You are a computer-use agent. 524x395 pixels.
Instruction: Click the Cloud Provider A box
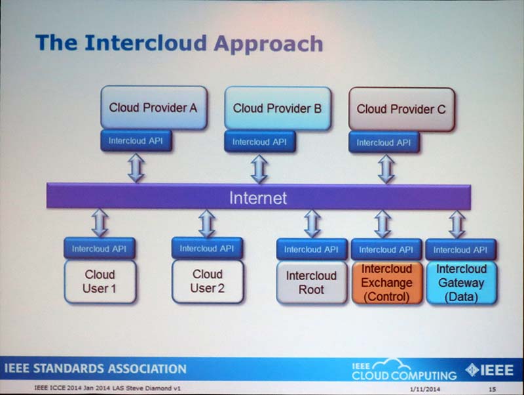tap(153, 107)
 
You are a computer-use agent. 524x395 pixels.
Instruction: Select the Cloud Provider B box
tap(277, 107)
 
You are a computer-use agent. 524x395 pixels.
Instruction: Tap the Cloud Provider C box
tap(401, 108)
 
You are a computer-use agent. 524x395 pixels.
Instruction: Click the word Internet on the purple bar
tap(258, 197)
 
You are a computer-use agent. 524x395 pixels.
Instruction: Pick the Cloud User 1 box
tap(100, 281)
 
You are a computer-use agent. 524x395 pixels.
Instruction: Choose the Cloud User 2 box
tap(207, 281)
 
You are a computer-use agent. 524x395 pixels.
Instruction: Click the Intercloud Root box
tap(311, 282)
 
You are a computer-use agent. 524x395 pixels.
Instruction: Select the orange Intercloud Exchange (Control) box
tap(386, 283)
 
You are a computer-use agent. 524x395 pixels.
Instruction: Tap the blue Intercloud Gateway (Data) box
tap(460, 283)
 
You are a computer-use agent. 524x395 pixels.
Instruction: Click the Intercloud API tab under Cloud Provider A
tap(136, 141)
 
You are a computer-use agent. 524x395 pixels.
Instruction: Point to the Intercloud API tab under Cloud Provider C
tap(384, 142)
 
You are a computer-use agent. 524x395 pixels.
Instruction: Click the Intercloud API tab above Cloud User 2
tap(207, 249)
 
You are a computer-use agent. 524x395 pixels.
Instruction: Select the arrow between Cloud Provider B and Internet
tap(259, 169)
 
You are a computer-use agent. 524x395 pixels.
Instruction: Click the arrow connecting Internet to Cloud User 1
tap(100, 223)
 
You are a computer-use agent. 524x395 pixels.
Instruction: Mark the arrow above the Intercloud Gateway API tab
tap(457, 224)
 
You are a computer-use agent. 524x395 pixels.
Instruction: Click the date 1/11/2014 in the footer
tap(424, 388)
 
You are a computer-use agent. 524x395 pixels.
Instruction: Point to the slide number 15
tap(492, 388)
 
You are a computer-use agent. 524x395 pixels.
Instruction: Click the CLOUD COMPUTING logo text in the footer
tap(404, 375)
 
